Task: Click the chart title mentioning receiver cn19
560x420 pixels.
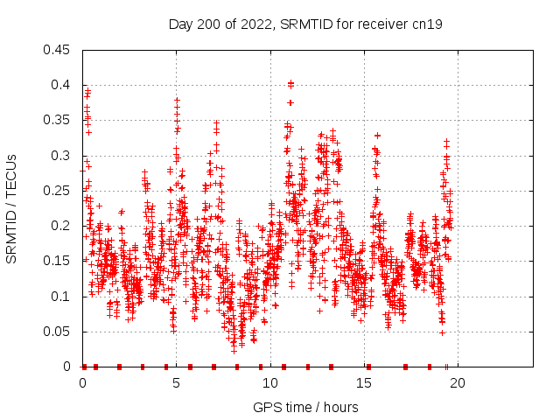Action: (305, 24)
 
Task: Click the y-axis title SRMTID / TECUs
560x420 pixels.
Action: (11, 208)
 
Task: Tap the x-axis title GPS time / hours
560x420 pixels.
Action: (305, 407)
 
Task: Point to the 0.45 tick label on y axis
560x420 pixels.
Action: (59, 50)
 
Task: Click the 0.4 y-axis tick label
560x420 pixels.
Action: (62, 85)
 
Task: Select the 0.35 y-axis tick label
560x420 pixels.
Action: (59, 121)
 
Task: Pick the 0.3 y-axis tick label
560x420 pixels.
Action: (62, 156)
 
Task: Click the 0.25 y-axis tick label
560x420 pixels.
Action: (59, 191)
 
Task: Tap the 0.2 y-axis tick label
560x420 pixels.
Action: (62, 226)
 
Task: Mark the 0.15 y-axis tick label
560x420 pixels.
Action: (59, 262)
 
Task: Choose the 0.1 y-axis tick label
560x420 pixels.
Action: (62, 297)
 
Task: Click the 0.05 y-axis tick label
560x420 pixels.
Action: (59, 332)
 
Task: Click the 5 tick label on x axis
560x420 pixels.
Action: (177, 382)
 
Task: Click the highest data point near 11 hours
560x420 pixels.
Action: (290, 83)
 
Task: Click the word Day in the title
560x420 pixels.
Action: (181, 24)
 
